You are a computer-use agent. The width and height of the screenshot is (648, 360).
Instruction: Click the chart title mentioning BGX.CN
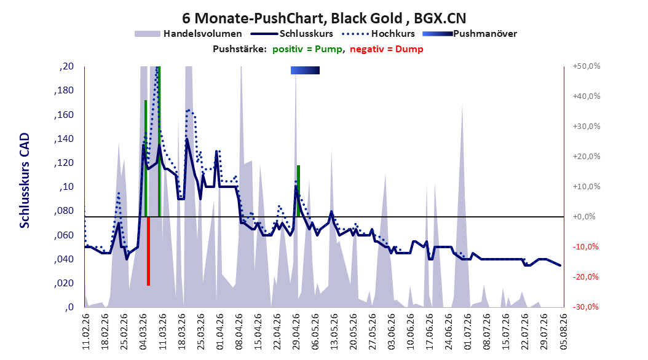click(324, 18)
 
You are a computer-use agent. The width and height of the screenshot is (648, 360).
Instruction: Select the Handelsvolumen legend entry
click(189, 34)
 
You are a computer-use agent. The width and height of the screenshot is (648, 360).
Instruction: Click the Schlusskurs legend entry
click(292, 34)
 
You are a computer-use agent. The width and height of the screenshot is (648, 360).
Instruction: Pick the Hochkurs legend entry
click(378, 34)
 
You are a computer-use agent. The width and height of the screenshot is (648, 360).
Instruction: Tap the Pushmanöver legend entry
click(470, 34)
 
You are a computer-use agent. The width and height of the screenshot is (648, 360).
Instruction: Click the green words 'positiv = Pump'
click(307, 49)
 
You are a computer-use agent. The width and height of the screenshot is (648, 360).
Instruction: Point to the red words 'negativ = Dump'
click(387, 49)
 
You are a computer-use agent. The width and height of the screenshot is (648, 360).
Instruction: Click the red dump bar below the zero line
click(148, 251)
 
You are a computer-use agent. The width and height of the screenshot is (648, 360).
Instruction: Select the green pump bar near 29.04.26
click(298, 190)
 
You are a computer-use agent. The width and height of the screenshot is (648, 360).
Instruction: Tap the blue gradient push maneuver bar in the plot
click(305, 70)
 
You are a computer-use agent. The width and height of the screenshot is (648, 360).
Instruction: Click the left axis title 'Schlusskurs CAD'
click(25, 181)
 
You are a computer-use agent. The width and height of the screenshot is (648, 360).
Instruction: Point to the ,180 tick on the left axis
click(64, 90)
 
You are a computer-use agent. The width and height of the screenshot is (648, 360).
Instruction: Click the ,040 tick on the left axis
click(64, 259)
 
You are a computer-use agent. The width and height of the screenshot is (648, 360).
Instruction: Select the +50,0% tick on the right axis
click(587, 66)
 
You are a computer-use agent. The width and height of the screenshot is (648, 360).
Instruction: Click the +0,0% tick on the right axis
click(584, 217)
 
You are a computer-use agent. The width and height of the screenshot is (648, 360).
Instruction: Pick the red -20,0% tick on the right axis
click(585, 277)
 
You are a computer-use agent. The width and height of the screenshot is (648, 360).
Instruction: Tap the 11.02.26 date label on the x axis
click(86, 332)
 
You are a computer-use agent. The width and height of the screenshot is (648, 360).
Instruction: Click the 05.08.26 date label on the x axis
click(563, 332)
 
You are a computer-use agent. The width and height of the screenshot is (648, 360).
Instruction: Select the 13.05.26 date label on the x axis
click(334, 332)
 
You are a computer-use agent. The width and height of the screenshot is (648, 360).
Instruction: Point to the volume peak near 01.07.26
click(462, 105)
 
